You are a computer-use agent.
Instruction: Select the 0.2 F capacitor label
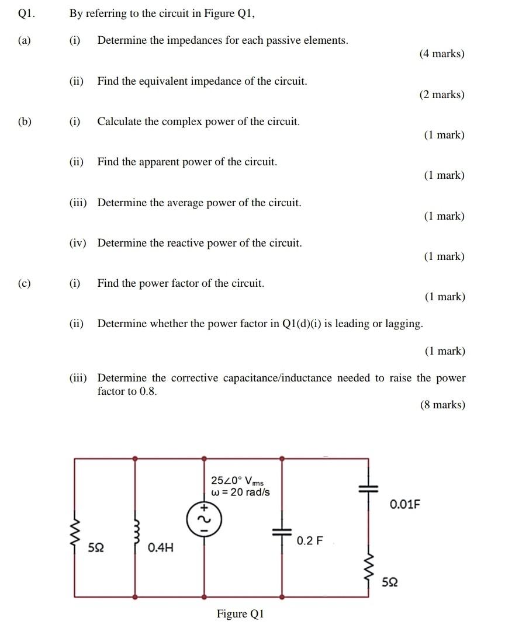(x=309, y=540)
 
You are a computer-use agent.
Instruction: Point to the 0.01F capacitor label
(x=405, y=504)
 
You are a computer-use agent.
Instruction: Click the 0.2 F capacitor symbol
(x=282, y=532)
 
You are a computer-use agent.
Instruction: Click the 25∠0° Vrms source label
(x=237, y=481)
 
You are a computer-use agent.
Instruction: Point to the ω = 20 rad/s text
(x=240, y=492)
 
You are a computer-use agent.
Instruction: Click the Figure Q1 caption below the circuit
(x=240, y=614)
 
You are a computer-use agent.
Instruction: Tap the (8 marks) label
(x=442, y=405)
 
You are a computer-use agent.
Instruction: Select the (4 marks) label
(x=442, y=54)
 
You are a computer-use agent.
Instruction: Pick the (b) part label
(x=25, y=122)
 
